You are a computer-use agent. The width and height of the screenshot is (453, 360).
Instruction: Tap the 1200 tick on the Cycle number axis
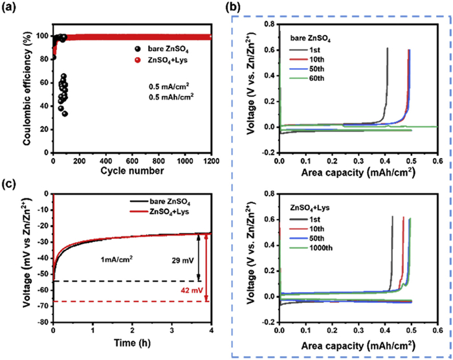coord(210,159)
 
